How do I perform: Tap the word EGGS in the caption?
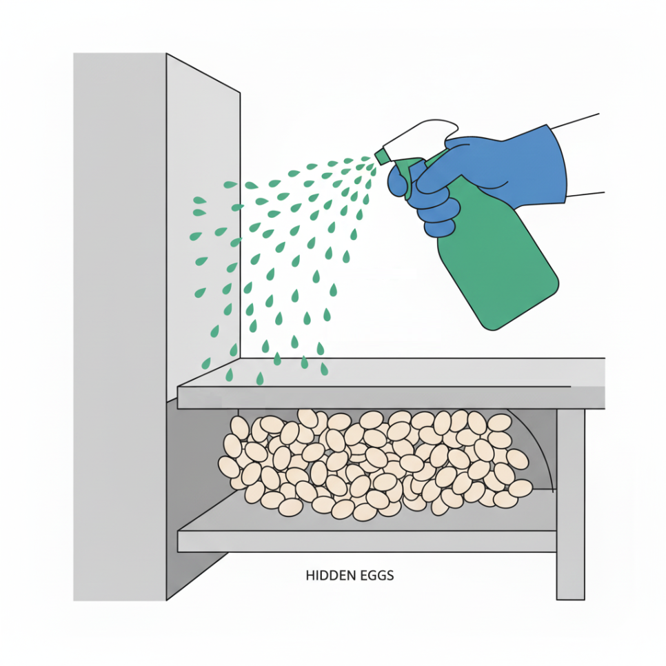[x=378, y=576]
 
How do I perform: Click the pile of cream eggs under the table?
[x=374, y=464]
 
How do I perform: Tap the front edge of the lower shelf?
[x=367, y=541]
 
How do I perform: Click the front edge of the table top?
[x=391, y=398]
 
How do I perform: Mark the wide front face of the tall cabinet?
[x=119, y=327]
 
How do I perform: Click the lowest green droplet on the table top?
[x=259, y=378]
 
